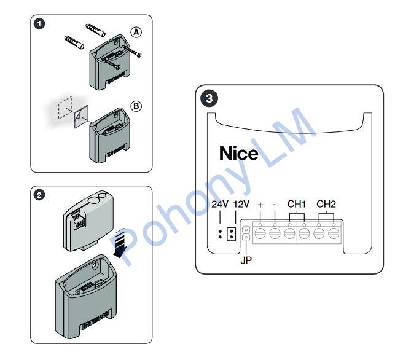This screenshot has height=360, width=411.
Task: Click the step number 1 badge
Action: (x=39, y=24)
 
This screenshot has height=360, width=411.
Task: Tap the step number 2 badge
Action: (x=39, y=195)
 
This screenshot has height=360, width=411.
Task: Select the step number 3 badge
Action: (x=209, y=98)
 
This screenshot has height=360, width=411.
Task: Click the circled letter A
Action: (x=136, y=32)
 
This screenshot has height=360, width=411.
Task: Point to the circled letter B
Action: (x=136, y=106)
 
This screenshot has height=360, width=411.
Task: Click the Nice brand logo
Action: (x=238, y=153)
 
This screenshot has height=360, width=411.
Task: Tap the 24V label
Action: (x=220, y=204)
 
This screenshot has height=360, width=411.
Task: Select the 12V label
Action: (x=241, y=204)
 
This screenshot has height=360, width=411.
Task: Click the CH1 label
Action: (x=297, y=204)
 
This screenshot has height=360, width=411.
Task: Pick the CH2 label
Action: (x=326, y=204)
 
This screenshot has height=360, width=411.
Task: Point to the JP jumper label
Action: (x=246, y=260)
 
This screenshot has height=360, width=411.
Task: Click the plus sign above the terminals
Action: (x=260, y=205)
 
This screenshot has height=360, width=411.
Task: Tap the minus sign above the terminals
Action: (x=275, y=205)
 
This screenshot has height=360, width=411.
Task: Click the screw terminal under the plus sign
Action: (x=260, y=233)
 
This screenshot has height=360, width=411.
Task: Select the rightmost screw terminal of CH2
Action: (x=334, y=233)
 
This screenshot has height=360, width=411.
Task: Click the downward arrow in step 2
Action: (x=120, y=243)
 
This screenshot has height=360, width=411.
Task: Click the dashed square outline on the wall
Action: (x=65, y=108)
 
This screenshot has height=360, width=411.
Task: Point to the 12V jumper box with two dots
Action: (x=231, y=234)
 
